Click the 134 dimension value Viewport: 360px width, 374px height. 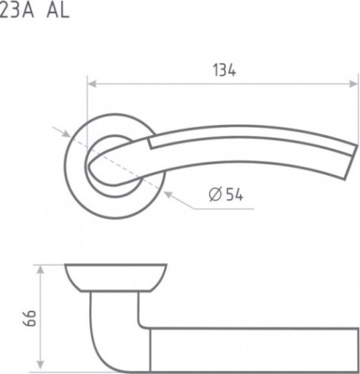pyautogui.click(x=224, y=70)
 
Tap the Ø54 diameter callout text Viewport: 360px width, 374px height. pyautogui.click(x=226, y=194)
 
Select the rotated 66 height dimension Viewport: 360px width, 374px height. pyautogui.click(x=29, y=318)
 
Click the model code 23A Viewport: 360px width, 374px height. pyautogui.click(x=17, y=11)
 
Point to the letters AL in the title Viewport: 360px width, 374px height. pyautogui.click(x=58, y=11)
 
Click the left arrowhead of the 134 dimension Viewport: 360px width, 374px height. pyautogui.click(x=91, y=84)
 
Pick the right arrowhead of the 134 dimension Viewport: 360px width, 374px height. pyautogui.click(x=354, y=84)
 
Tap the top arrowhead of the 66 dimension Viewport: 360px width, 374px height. pyautogui.click(x=40, y=270)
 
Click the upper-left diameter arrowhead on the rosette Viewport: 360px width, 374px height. pyautogui.click(x=66, y=134)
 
